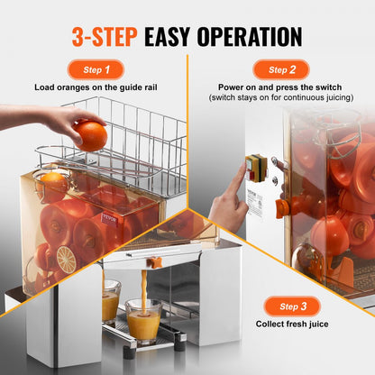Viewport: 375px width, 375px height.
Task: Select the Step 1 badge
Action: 95,69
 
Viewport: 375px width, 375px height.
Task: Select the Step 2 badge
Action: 280,69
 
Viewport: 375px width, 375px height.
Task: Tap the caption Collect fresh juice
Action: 279,324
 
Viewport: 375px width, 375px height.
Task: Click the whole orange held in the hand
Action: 90,135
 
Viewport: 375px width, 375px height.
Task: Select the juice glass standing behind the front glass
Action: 110,301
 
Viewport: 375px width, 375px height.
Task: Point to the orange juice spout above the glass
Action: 154,262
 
